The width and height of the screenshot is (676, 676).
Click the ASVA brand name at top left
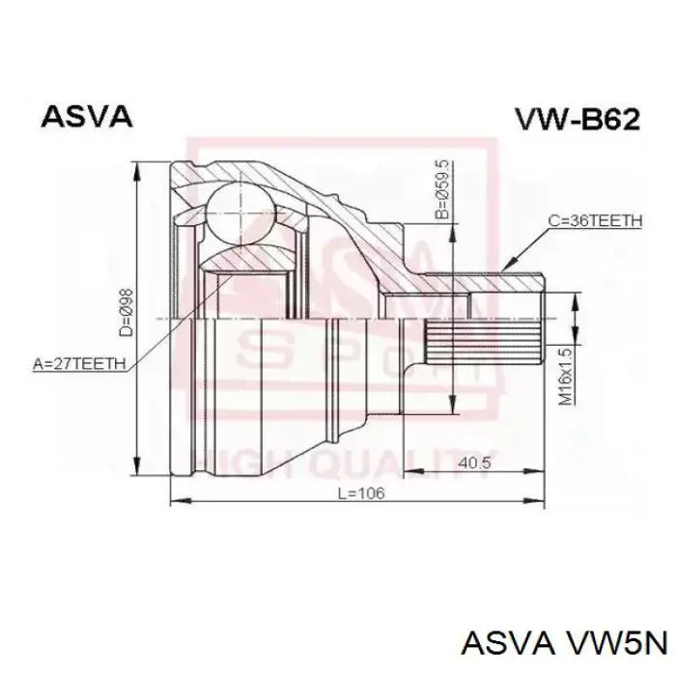(87, 117)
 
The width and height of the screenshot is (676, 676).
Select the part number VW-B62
(576, 120)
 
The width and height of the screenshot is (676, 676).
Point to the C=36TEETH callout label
(595, 221)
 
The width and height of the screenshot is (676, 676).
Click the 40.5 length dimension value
(473, 463)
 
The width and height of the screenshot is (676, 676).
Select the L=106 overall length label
(360, 493)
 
